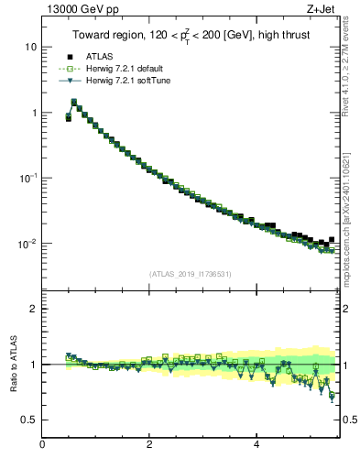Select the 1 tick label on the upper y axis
pos(33,113)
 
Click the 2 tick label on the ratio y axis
pos(33,309)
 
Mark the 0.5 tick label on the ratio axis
pos(29,420)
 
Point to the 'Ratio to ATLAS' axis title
pos(12,365)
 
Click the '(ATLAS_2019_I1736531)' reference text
pos(190,274)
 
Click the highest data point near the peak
pos(74,102)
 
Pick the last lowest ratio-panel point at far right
pos(332,396)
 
